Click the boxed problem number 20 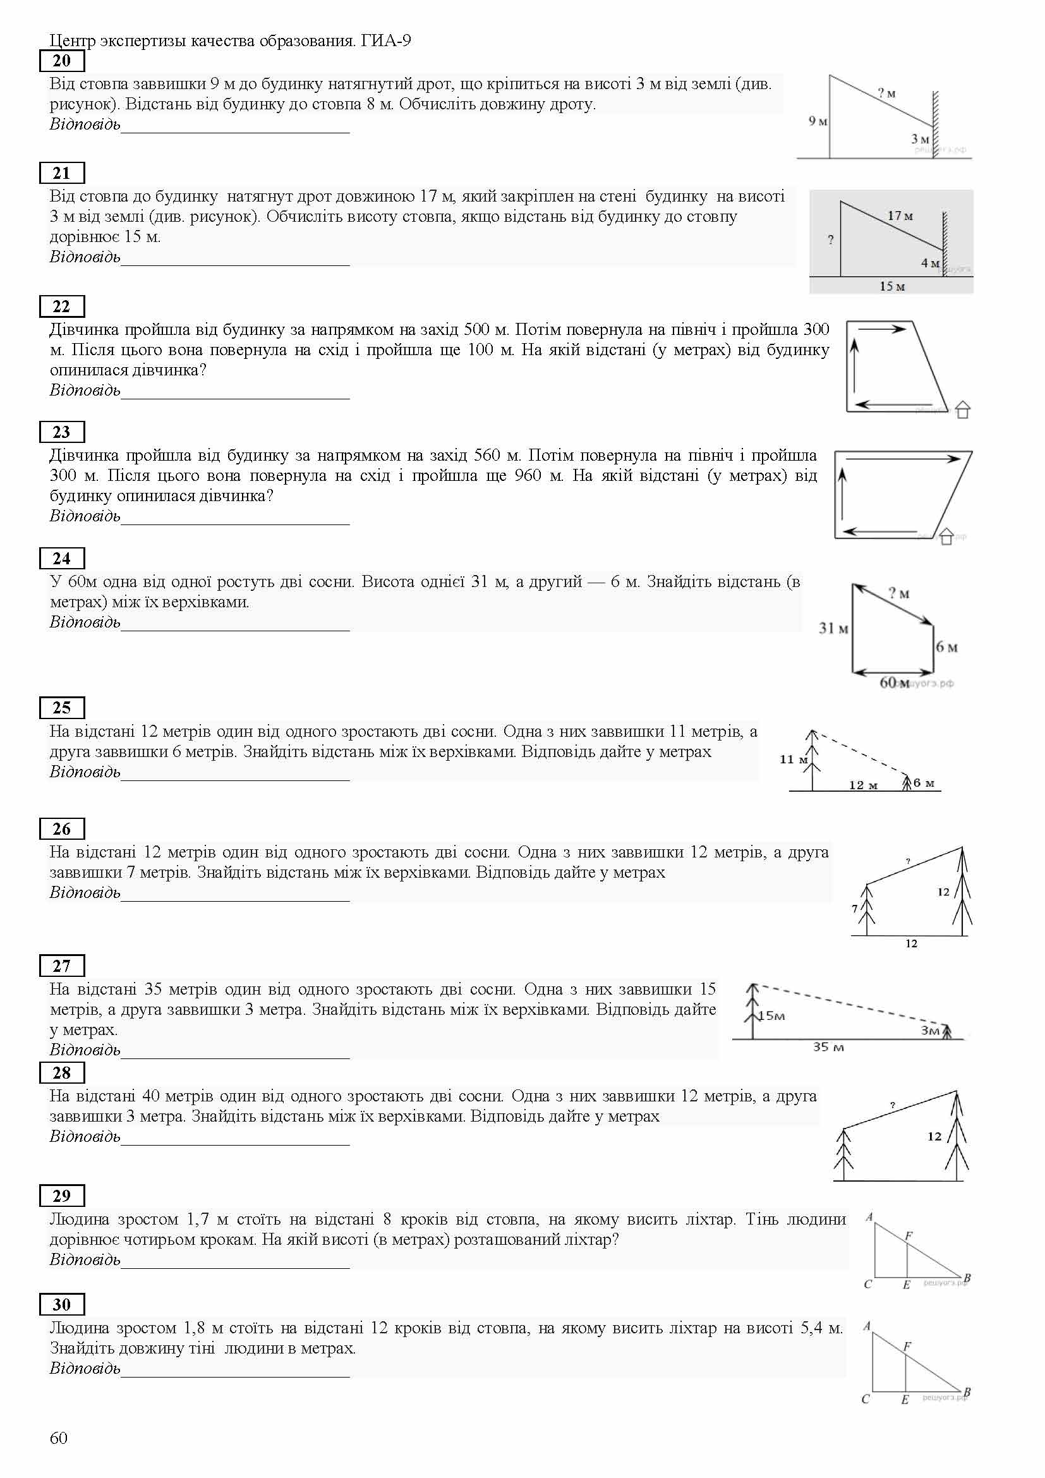[x=62, y=61]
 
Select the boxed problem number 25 [x=62, y=708]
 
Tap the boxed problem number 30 [x=62, y=1305]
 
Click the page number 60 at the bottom [x=59, y=1438]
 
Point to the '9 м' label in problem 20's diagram [x=817, y=121]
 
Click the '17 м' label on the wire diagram [x=900, y=216]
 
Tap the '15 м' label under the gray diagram [x=892, y=286]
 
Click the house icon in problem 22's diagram [x=962, y=409]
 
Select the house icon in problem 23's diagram [x=946, y=536]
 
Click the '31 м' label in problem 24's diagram [x=833, y=628]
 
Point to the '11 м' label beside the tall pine [x=794, y=760]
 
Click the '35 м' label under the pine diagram [x=828, y=1047]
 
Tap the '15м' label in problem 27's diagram [x=772, y=1017]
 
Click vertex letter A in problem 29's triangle [x=869, y=1217]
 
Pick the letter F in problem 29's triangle [x=909, y=1236]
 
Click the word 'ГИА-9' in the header [x=386, y=41]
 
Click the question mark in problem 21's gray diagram [x=831, y=240]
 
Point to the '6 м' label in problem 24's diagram [x=946, y=647]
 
